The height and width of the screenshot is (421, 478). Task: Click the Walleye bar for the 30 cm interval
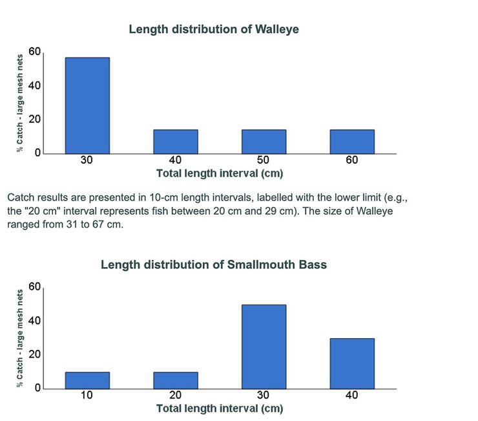pos(87,105)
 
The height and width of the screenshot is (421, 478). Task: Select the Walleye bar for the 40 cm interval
pos(176,142)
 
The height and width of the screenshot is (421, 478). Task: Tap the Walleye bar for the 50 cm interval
pos(264,142)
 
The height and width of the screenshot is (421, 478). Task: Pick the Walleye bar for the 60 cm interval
pos(352,142)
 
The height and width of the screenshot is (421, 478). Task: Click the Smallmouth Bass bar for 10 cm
pos(87,380)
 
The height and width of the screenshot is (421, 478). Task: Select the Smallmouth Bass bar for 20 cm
pos(176,380)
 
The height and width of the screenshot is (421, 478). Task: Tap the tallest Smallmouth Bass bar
pos(264,347)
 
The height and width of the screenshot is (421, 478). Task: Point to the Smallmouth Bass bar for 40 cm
pos(352,363)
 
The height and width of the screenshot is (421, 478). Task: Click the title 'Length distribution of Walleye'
pos(214,29)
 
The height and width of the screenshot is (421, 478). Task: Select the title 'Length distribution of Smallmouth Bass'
pos(214,264)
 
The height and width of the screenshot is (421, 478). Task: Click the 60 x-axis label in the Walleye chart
pos(352,160)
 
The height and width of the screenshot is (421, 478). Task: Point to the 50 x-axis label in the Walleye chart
pos(264,160)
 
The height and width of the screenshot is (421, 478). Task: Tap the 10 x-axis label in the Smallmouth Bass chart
pos(87,396)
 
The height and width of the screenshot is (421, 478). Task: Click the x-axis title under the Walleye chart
pos(220,173)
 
